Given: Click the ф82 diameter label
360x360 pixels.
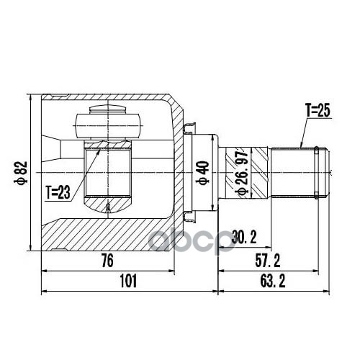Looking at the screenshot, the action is (20, 173).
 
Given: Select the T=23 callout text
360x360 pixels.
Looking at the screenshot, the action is (58, 192).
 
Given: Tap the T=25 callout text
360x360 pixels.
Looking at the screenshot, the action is (318, 111).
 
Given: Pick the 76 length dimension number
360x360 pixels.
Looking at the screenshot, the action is (107, 261).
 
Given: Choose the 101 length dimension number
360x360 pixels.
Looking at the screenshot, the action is (128, 281).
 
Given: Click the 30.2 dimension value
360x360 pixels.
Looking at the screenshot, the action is (244, 237).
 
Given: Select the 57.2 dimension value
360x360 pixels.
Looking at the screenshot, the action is (268, 261).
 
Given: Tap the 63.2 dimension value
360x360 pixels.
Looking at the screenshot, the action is (273, 281).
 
